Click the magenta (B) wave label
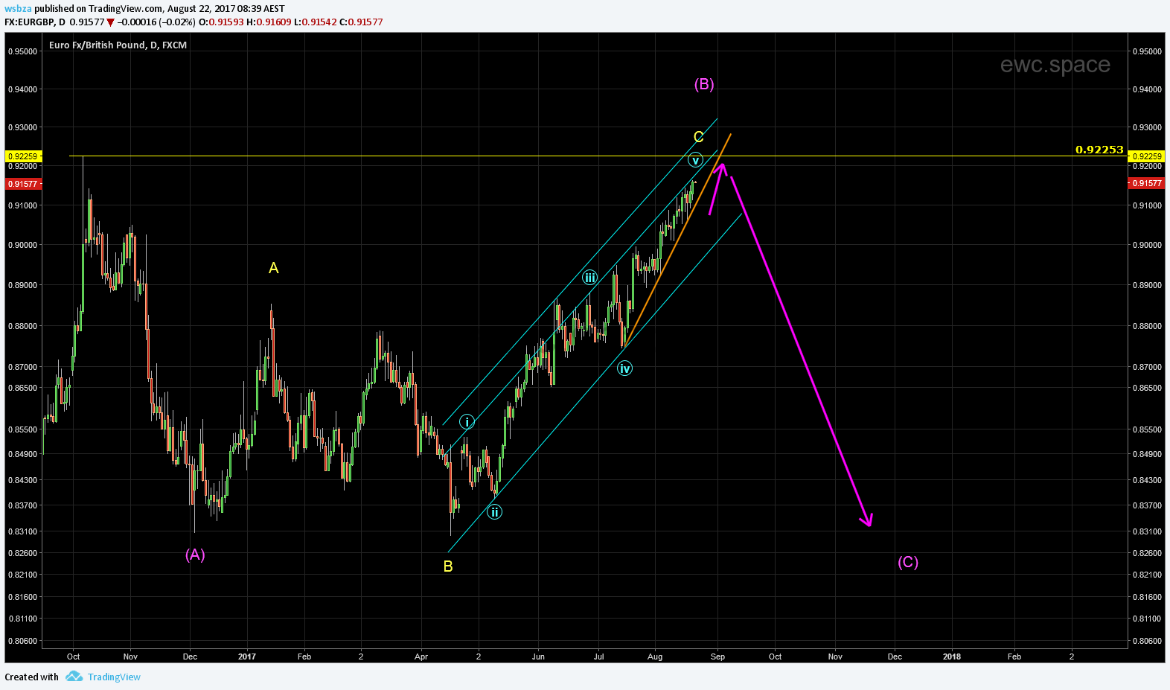[704, 84]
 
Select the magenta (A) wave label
[195, 555]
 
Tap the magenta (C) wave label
[908, 562]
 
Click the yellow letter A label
[274, 268]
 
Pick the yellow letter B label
[448, 566]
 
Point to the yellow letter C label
[698, 137]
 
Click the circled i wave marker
[467, 422]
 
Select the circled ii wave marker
[494, 512]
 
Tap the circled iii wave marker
[589, 278]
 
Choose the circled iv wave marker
[624, 368]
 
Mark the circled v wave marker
[695, 160]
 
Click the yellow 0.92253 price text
[1099, 150]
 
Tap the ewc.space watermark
[1055, 65]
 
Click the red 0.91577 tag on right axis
[1146, 184]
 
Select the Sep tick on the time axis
[717, 657]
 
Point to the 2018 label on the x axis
[951, 657]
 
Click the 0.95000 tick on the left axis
[22, 51]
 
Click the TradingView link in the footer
[114, 677]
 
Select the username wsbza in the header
[19, 9]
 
